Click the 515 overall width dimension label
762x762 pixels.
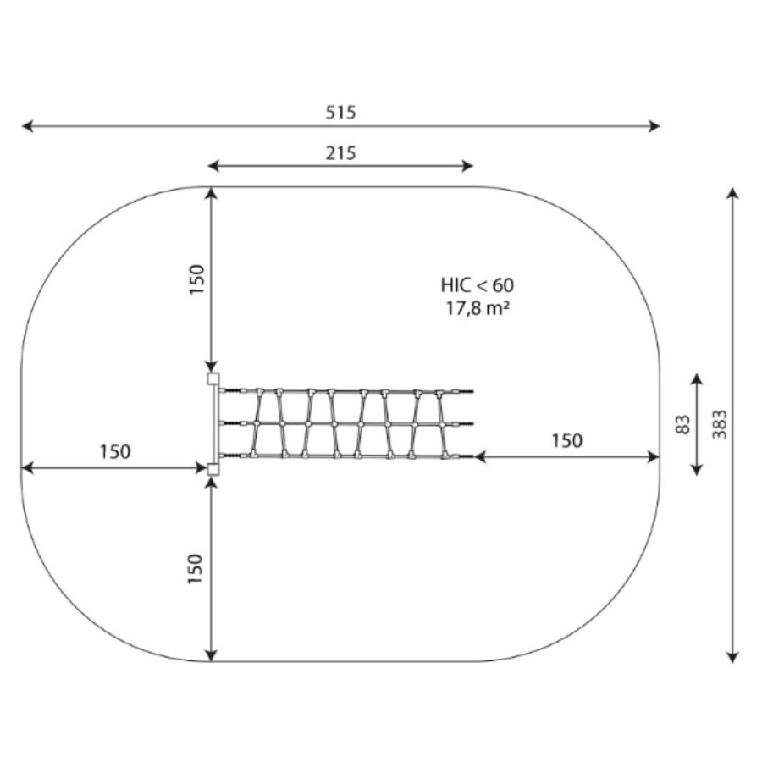[340, 113]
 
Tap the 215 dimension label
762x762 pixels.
[340, 153]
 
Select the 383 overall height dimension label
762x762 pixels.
[720, 424]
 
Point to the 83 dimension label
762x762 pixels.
[682, 424]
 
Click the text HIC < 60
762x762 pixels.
[478, 285]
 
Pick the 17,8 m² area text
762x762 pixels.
[478, 308]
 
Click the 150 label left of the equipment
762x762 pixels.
[115, 452]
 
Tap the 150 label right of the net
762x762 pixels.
[566, 441]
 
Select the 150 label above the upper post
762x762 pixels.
[196, 279]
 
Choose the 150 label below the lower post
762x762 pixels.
[195, 569]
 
